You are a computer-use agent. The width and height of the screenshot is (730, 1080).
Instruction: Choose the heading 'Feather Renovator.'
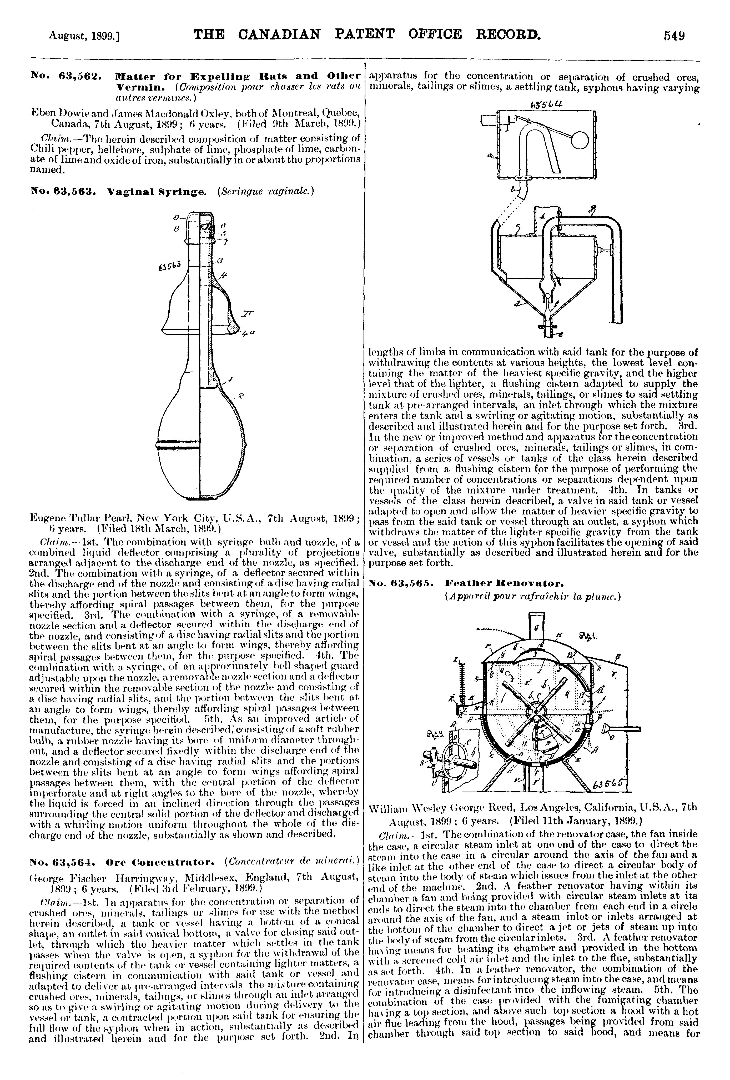[497, 582]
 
